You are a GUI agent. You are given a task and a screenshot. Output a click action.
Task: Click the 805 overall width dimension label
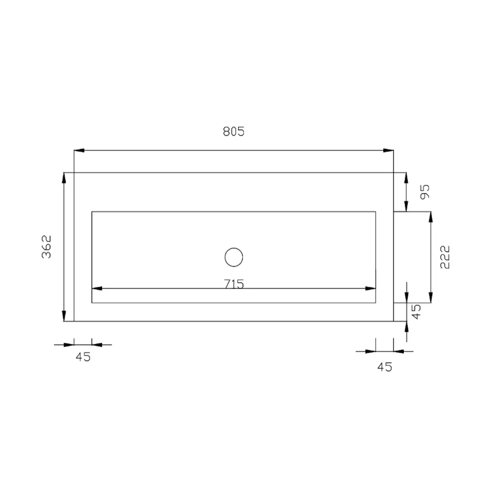click(x=233, y=131)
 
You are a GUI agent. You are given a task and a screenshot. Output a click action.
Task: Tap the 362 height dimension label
click(x=46, y=247)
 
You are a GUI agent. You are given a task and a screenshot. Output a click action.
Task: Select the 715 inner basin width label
click(x=234, y=283)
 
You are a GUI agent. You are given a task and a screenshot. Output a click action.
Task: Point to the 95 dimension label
click(x=425, y=192)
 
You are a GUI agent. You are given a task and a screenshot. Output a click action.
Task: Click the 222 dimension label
click(x=445, y=257)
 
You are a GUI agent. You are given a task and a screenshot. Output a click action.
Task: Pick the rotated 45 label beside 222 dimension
click(x=416, y=312)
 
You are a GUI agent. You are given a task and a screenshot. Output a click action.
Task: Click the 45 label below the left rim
click(x=83, y=357)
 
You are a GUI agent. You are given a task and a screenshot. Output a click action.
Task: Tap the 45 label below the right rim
click(x=385, y=367)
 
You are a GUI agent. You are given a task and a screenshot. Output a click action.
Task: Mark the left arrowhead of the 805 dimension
click(x=79, y=150)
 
